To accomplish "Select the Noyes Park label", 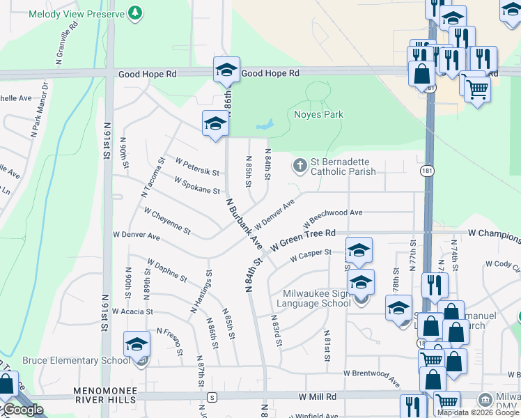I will coord(318,114).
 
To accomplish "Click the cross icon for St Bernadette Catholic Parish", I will coord(300,165).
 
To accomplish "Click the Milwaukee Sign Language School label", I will coord(313,298).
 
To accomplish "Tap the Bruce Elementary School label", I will coord(76,360).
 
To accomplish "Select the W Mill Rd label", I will coord(318,396).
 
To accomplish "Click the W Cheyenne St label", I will coord(167,219).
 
